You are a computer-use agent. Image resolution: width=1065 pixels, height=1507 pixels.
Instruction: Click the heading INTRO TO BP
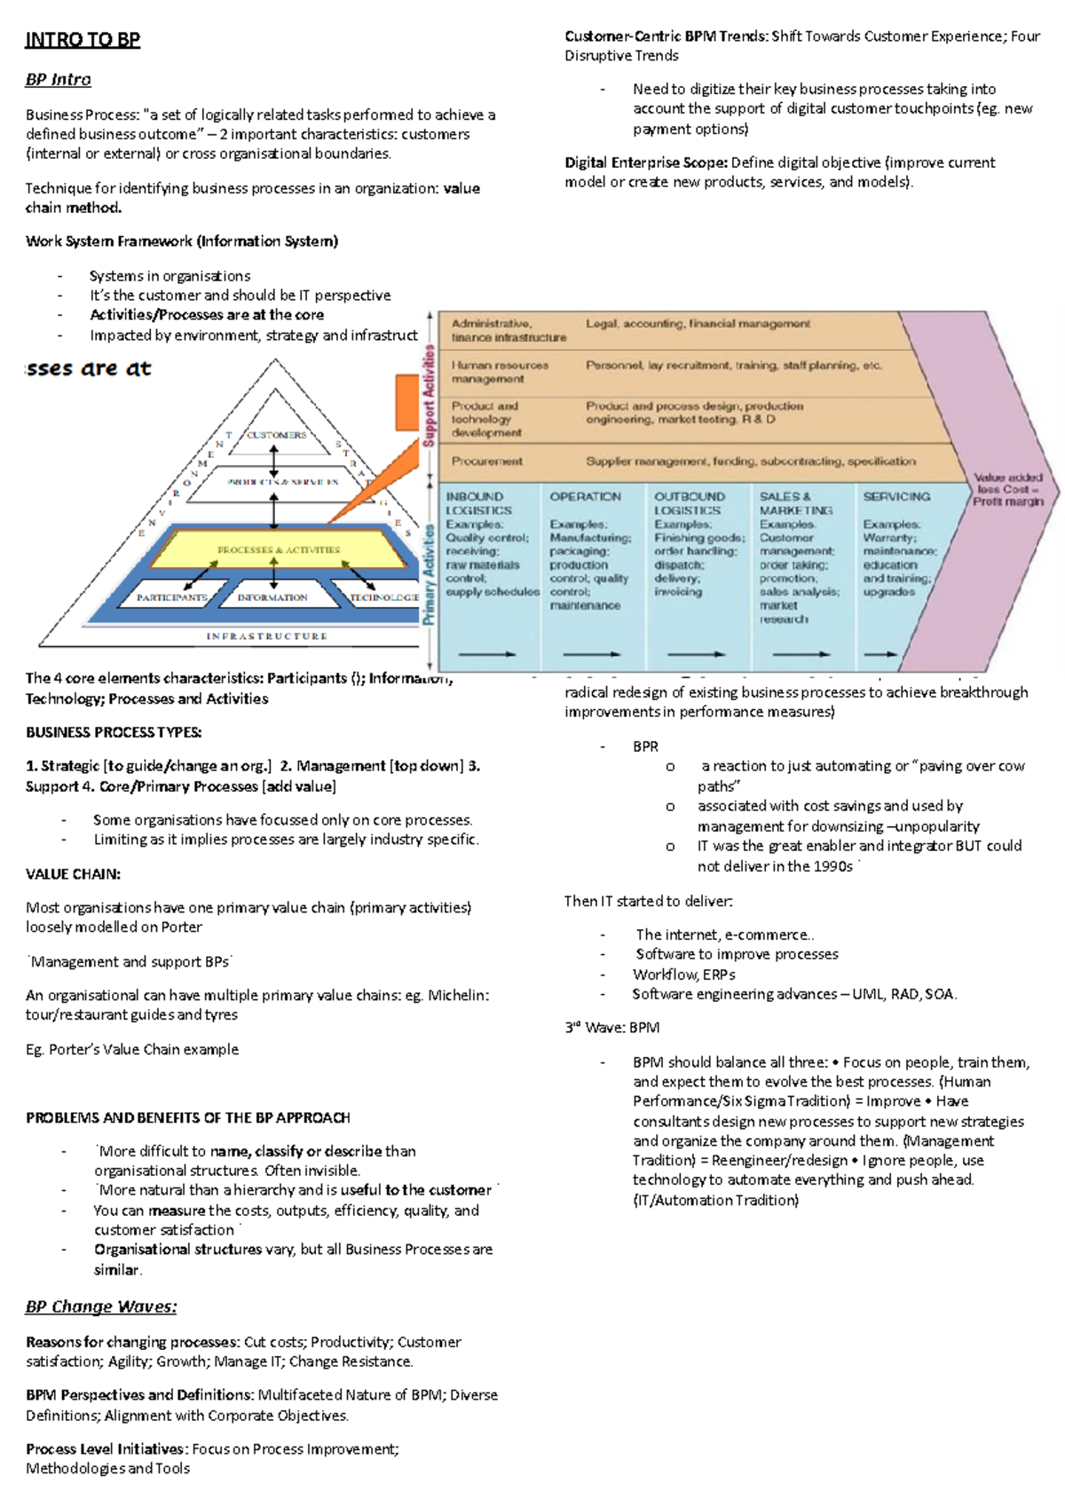coord(83,40)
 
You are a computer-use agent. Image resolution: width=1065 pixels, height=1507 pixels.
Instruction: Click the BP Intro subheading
coord(58,80)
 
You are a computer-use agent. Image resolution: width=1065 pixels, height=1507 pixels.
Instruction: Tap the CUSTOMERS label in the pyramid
coord(276,435)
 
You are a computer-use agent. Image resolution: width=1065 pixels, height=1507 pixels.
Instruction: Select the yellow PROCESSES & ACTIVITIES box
coord(279,550)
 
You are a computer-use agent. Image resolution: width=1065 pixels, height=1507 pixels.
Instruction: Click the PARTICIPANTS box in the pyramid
coord(171,597)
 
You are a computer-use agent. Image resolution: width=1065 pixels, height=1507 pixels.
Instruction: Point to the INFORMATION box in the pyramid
coord(272,597)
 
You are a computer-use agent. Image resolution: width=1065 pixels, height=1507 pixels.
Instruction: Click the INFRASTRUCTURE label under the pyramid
coord(267,636)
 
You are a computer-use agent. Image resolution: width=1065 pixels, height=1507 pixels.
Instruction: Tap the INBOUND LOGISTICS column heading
coord(478,503)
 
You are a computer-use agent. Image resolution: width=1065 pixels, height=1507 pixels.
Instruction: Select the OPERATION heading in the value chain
coord(585,497)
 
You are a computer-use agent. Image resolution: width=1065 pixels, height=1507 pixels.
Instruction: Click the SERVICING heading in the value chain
coord(896,497)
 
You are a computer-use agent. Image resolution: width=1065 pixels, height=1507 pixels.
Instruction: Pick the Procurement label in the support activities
coord(486,462)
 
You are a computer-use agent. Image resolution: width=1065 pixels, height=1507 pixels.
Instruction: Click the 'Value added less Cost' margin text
coord(1007,489)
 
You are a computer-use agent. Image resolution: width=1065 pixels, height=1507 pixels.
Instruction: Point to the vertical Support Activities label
coord(429,396)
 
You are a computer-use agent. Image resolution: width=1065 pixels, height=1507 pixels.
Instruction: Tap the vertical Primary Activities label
coord(429,573)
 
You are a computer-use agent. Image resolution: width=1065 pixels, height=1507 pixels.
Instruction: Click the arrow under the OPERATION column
coord(591,654)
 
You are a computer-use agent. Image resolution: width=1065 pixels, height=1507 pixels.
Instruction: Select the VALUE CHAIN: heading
coord(73,874)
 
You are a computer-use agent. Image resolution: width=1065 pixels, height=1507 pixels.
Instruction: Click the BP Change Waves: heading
coord(100,1306)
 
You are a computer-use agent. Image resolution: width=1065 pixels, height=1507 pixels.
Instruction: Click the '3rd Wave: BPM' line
coord(611,1028)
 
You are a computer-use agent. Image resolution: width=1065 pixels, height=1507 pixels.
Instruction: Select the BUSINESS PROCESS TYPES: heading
coord(114,733)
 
